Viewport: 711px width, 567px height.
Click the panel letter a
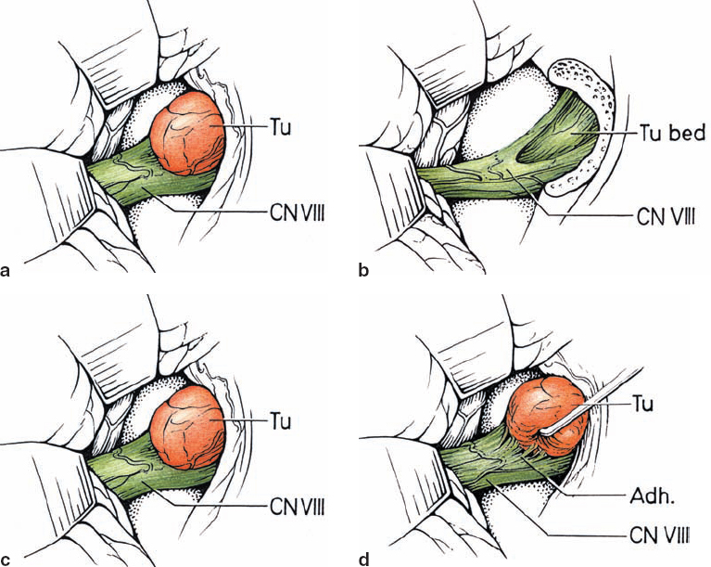pos(7,271)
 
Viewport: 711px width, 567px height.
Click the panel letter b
pos(364,271)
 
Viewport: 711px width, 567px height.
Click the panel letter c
pos(7,559)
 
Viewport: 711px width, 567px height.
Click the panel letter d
pos(364,559)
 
